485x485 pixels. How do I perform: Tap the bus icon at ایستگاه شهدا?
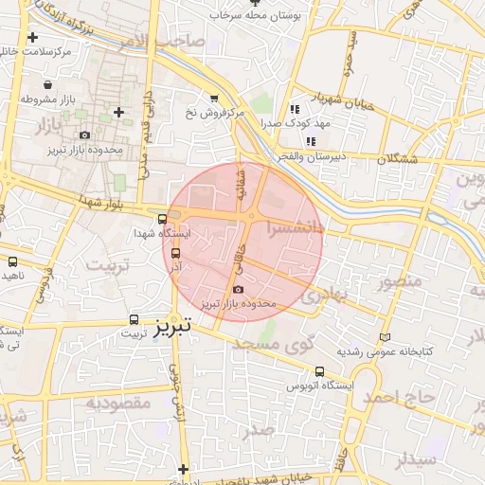click(x=163, y=219)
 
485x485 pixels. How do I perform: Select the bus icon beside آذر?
click(x=175, y=253)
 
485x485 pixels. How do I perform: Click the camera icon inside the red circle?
click(x=237, y=289)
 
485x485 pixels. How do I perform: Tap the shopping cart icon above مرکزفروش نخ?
click(x=214, y=98)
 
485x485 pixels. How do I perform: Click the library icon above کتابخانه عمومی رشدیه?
click(x=384, y=337)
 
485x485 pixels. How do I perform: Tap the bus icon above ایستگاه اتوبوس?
click(x=319, y=371)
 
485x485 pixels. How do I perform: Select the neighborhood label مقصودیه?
click(x=118, y=403)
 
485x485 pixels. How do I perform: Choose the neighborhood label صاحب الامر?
click(x=169, y=40)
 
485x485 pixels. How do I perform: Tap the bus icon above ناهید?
click(x=12, y=261)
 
